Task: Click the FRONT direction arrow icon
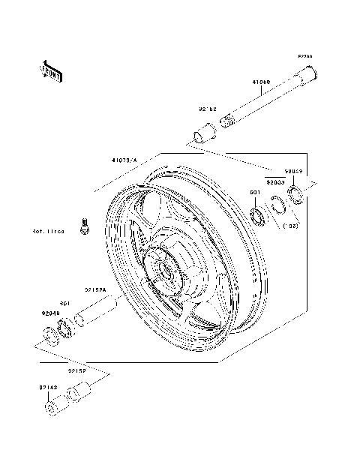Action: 50,70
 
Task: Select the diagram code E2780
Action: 304,55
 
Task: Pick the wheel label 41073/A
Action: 125,160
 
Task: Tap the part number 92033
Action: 274,181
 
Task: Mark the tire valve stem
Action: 85,225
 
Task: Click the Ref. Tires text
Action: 48,232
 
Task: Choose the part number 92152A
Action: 94,289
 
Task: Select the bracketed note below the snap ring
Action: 292,224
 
